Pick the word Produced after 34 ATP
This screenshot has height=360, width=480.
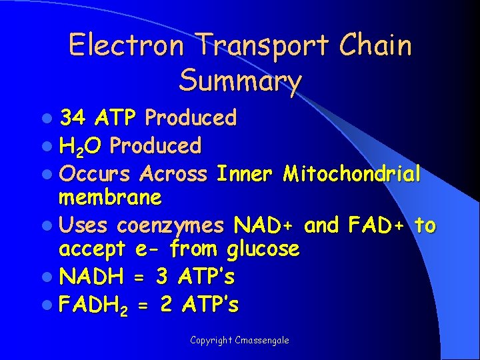tap(191, 118)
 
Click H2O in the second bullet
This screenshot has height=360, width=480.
tap(81, 146)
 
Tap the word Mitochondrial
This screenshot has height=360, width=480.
tap(351, 174)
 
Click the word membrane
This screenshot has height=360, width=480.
tap(110, 198)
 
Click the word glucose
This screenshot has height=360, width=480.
tap(263, 250)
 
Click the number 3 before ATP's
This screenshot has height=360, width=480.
tap(162, 275)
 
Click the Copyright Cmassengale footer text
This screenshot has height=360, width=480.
tap(239, 340)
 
